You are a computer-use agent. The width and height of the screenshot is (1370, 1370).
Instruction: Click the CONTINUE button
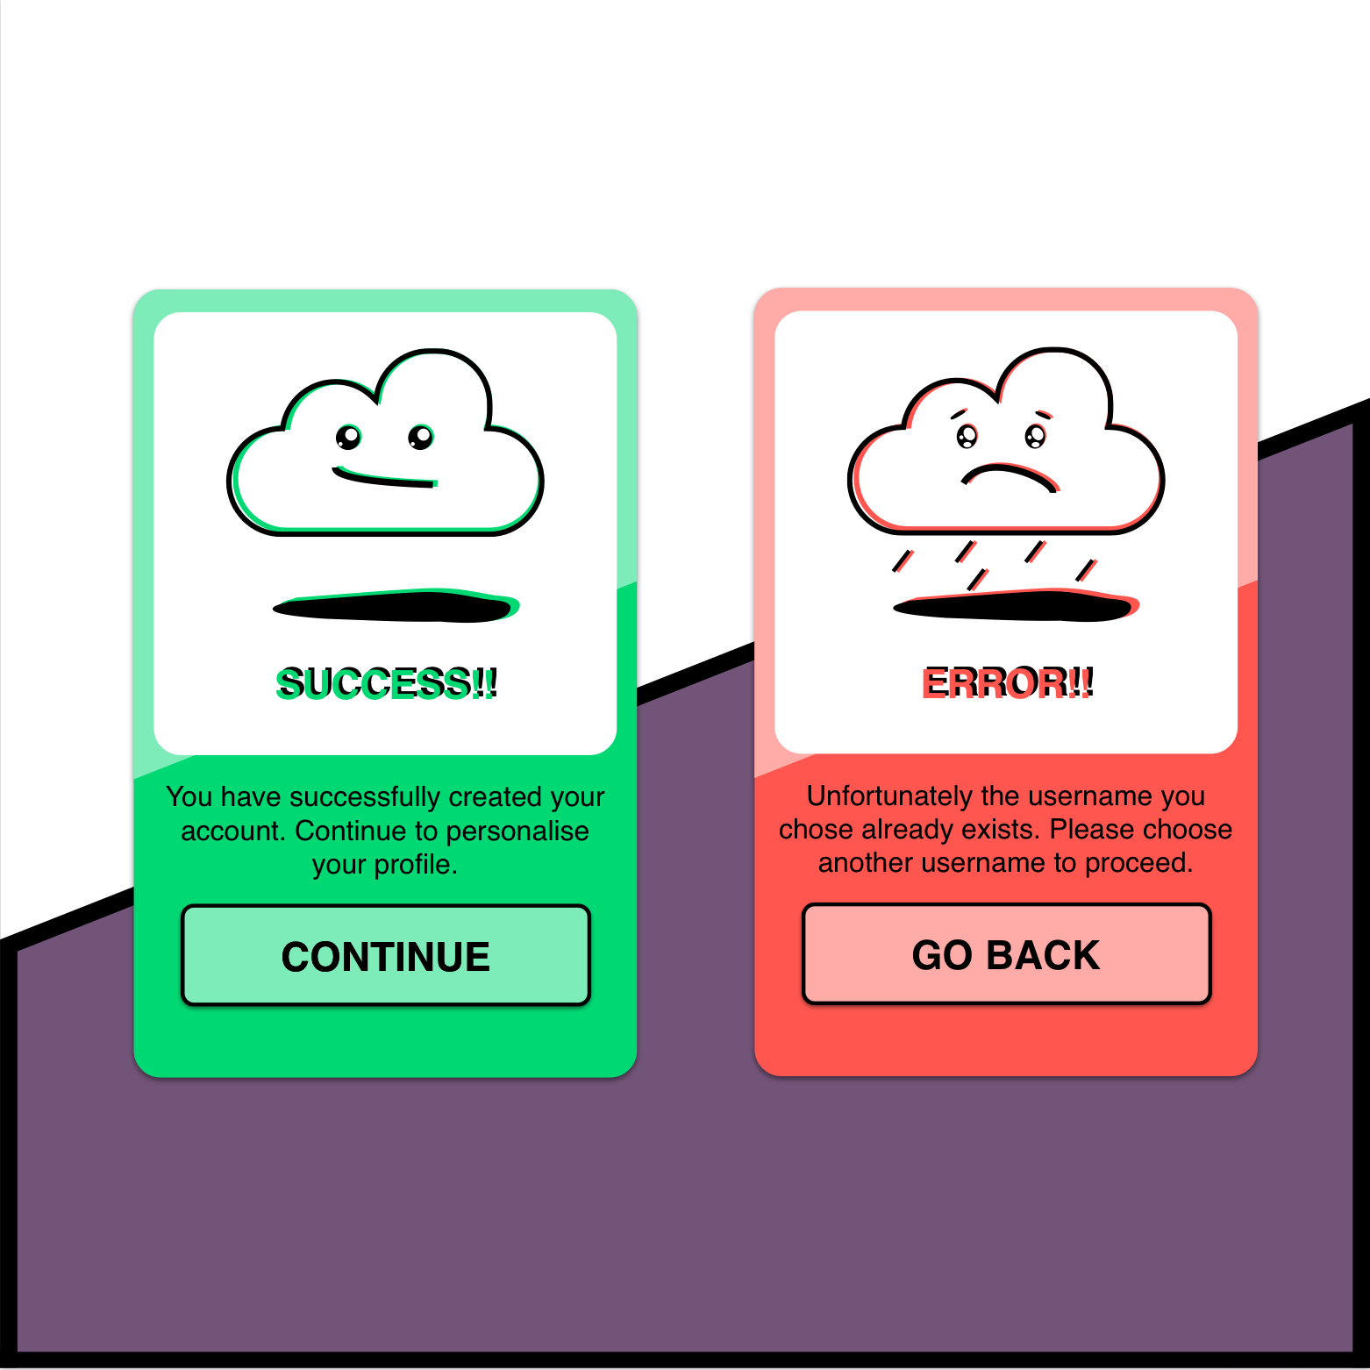[386, 955]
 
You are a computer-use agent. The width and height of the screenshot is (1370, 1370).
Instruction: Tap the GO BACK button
[1006, 953]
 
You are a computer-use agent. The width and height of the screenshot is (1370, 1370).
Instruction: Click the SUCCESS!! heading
[387, 683]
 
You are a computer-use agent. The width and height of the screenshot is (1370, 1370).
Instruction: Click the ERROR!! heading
[1007, 682]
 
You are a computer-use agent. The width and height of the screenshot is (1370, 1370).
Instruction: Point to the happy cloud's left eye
[348, 437]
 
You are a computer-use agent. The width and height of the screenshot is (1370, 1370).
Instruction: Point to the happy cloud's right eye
[421, 437]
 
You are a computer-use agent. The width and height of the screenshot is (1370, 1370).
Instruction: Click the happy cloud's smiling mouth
[384, 477]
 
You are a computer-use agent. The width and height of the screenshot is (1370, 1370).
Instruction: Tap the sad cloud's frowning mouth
[1010, 477]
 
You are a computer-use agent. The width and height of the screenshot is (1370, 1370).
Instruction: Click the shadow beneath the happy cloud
[396, 606]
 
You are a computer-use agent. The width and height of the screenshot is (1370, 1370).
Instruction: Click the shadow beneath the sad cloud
[1017, 605]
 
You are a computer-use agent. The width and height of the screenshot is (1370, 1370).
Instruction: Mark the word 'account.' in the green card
[234, 831]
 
